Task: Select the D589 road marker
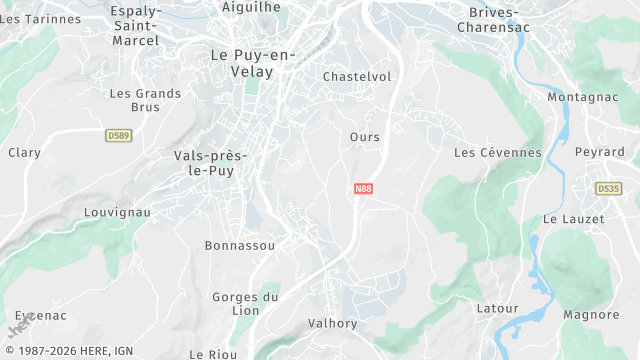pyautogui.click(x=118, y=134)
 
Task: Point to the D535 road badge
pyautogui.click(x=607, y=188)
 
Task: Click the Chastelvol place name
pyautogui.click(x=357, y=77)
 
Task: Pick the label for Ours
pyautogui.click(x=365, y=137)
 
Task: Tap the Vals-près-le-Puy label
pyautogui.click(x=210, y=163)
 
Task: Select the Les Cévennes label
pyautogui.click(x=497, y=153)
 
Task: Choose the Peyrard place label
pyautogui.click(x=599, y=152)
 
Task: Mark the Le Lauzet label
pyautogui.click(x=573, y=219)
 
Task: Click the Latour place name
pyautogui.click(x=497, y=309)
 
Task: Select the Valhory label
pyautogui.click(x=333, y=324)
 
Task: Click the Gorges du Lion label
pyautogui.click(x=245, y=304)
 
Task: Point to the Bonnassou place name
pyautogui.click(x=239, y=245)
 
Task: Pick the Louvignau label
pyautogui.click(x=117, y=213)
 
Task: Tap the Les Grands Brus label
pyautogui.click(x=145, y=100)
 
